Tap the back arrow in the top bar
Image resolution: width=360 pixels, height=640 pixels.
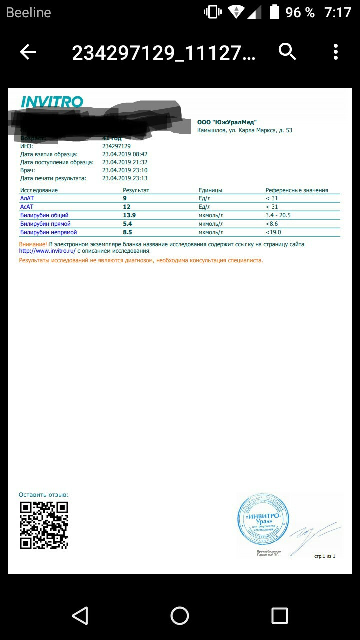(x=28, y=52)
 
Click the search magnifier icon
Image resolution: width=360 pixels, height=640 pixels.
(x=287, y=51)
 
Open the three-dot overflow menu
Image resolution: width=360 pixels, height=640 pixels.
(x=336, y=52)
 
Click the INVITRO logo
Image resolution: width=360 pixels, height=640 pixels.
(x=52, y=102)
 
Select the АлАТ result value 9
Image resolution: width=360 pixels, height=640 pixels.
(x=125, y=198)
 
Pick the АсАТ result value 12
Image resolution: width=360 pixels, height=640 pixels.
(x=126, y=207)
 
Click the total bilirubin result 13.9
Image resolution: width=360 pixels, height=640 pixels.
(x=129, y=215)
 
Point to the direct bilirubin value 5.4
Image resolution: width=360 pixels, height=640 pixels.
(x=127, y=224)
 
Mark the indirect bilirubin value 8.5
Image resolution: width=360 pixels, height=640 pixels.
(x=127, y=232)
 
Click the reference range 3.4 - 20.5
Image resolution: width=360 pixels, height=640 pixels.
(x=278, y=215)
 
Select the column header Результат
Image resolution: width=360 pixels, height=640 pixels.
(x=136, y=190)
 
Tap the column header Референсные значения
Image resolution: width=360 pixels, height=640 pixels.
(x=297, y=190)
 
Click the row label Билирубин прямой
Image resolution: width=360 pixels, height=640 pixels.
(x=45, y=224)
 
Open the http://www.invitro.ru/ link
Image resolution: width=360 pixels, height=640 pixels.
(x=47, y=251)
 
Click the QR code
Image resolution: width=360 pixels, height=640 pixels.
(x=44, y=525)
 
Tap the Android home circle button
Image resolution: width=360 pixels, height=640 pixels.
(x=180, y=616)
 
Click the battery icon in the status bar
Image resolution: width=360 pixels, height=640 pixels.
(x=274, y=12)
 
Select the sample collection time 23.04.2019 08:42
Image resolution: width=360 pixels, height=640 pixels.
(x=125, y=154)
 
